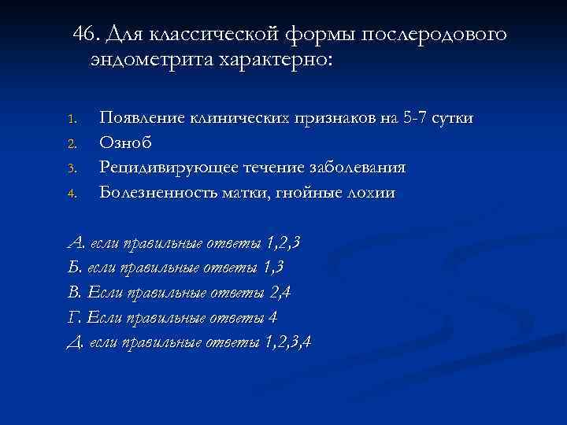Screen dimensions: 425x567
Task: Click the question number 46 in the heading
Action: (x=84, y=35)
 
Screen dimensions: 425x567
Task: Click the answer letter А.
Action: (x=76, y=243)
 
